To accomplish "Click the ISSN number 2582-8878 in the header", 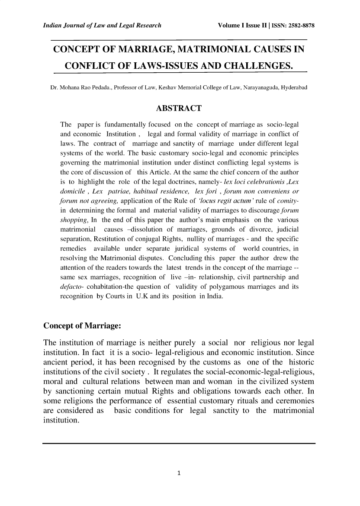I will click(303, 25).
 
